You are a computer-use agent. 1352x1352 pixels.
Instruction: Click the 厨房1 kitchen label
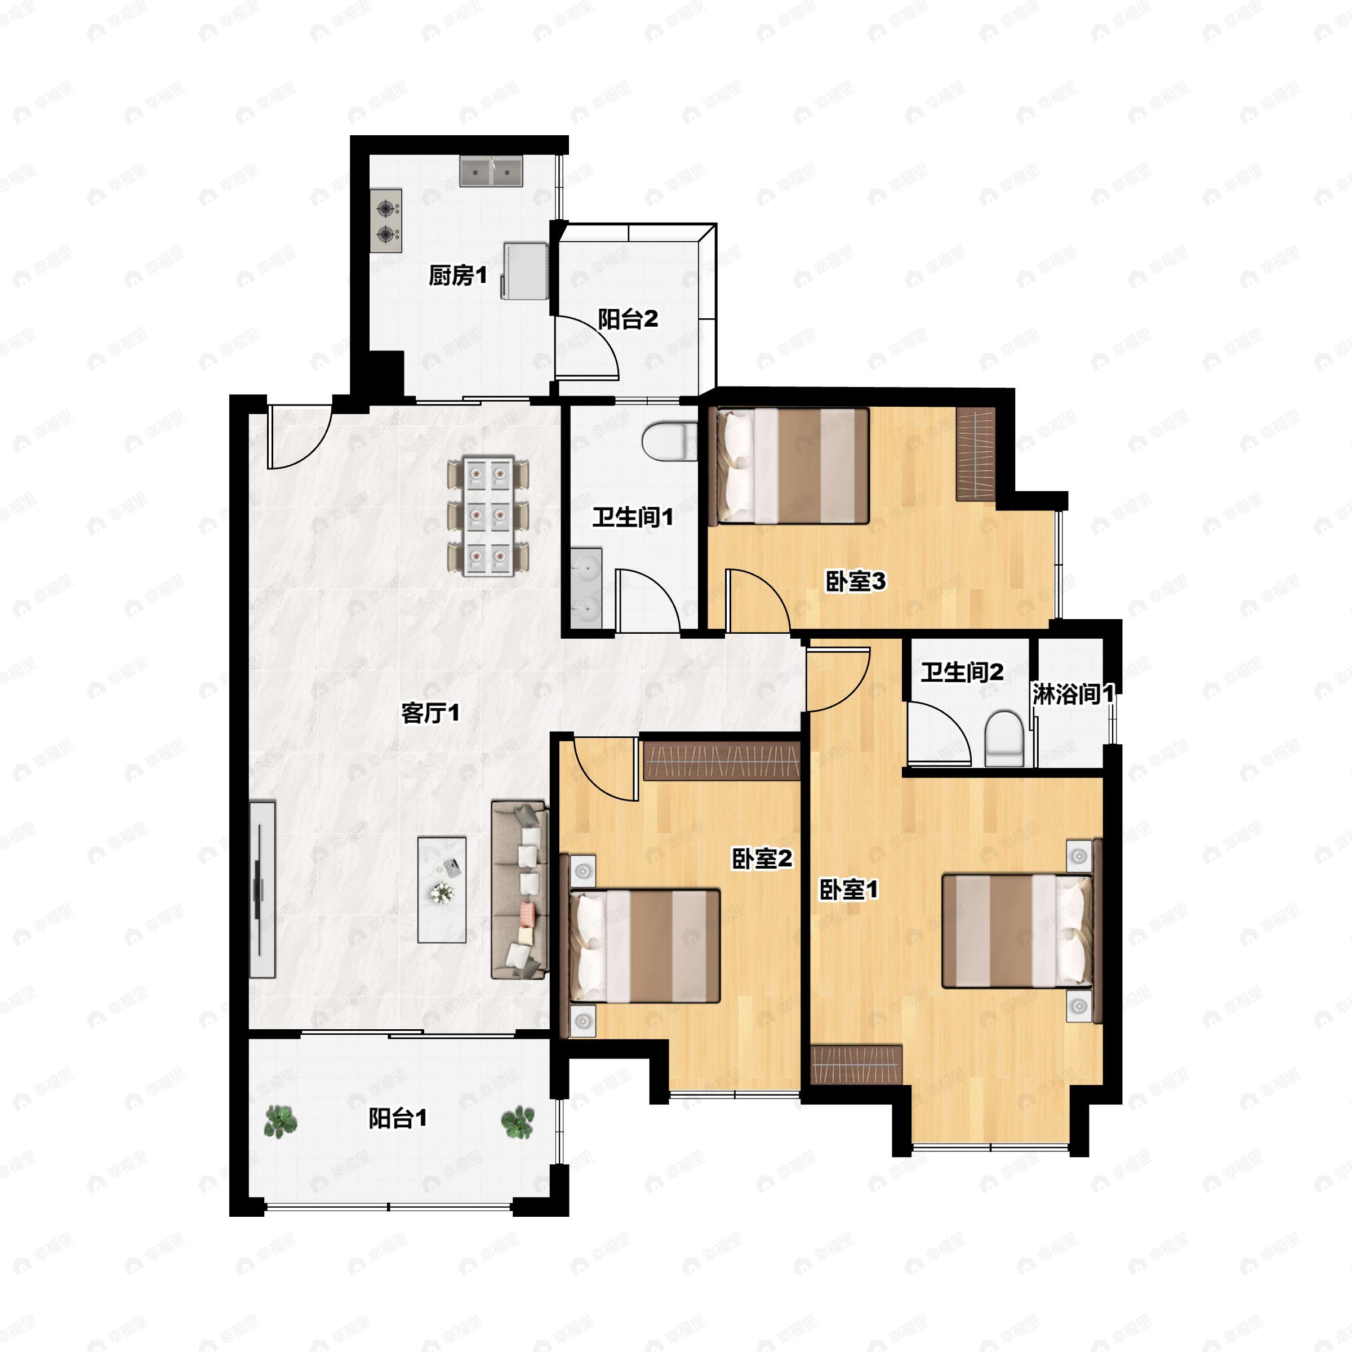pyautogui.click(x=457, y=275)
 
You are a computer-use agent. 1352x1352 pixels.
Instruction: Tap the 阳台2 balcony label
pyautogui.click(x=628, y=319)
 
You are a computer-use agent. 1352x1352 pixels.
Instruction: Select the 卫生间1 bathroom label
pyautogui.click(x=633, y=517)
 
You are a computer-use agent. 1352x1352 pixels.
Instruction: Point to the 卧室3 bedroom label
pyautogui.click(x=855, y=581)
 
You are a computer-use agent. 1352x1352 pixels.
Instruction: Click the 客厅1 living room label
pyautogui.click(x=430, y=713)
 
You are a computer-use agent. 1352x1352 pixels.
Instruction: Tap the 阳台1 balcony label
pyautogui.click(x=398, y=1119)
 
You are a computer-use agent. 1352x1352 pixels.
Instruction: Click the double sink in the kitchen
pyautogui.click(x=491, y=171)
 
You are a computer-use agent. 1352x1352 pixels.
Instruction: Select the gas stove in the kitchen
pyautogui.click(x=385, y=221)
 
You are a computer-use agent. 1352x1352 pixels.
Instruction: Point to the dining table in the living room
pyautogui.click(x=488, y=517)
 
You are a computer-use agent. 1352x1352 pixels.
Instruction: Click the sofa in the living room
pyautogui.click(x=519, y=890)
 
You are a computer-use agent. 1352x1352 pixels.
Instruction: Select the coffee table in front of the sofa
pyautogui.click(x=442, y=890)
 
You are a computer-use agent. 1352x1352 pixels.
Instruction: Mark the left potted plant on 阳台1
pyautogui.click(x=281, y=1121)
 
